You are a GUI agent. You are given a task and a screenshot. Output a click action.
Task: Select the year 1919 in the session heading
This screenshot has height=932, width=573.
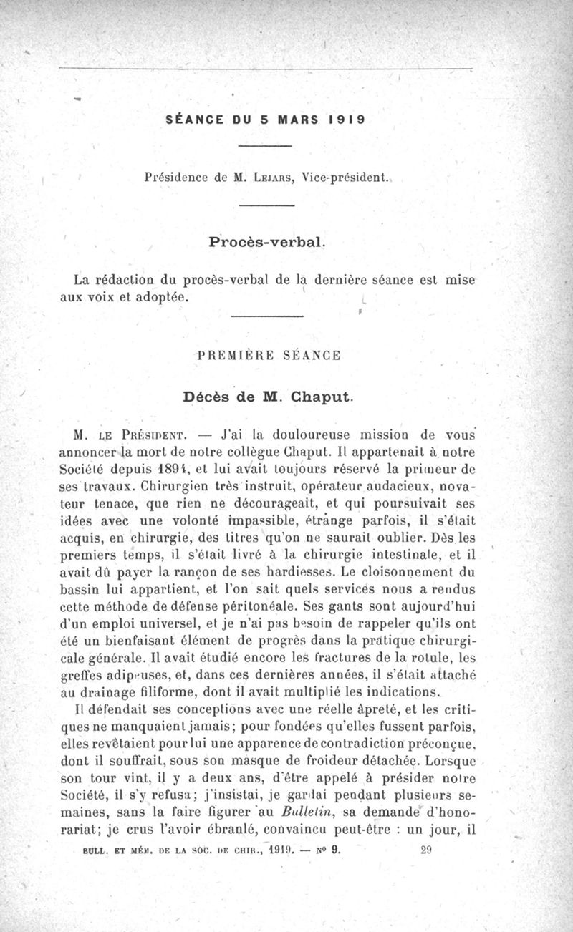coord(347,120)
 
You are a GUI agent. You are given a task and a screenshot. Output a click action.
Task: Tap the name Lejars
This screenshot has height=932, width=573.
coord(273,175)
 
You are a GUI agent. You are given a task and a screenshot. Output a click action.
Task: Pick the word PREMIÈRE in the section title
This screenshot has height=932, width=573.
coord(236,355)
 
